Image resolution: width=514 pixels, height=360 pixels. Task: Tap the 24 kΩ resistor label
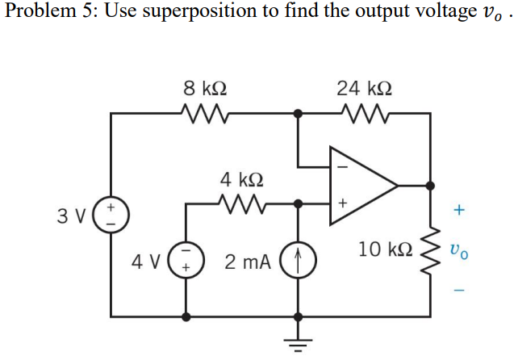click(x=362, y=86)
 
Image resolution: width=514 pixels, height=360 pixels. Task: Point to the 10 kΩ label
click(x=383, y=247)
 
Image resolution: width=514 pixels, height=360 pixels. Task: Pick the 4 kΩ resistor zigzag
click(x=240, y=203)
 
